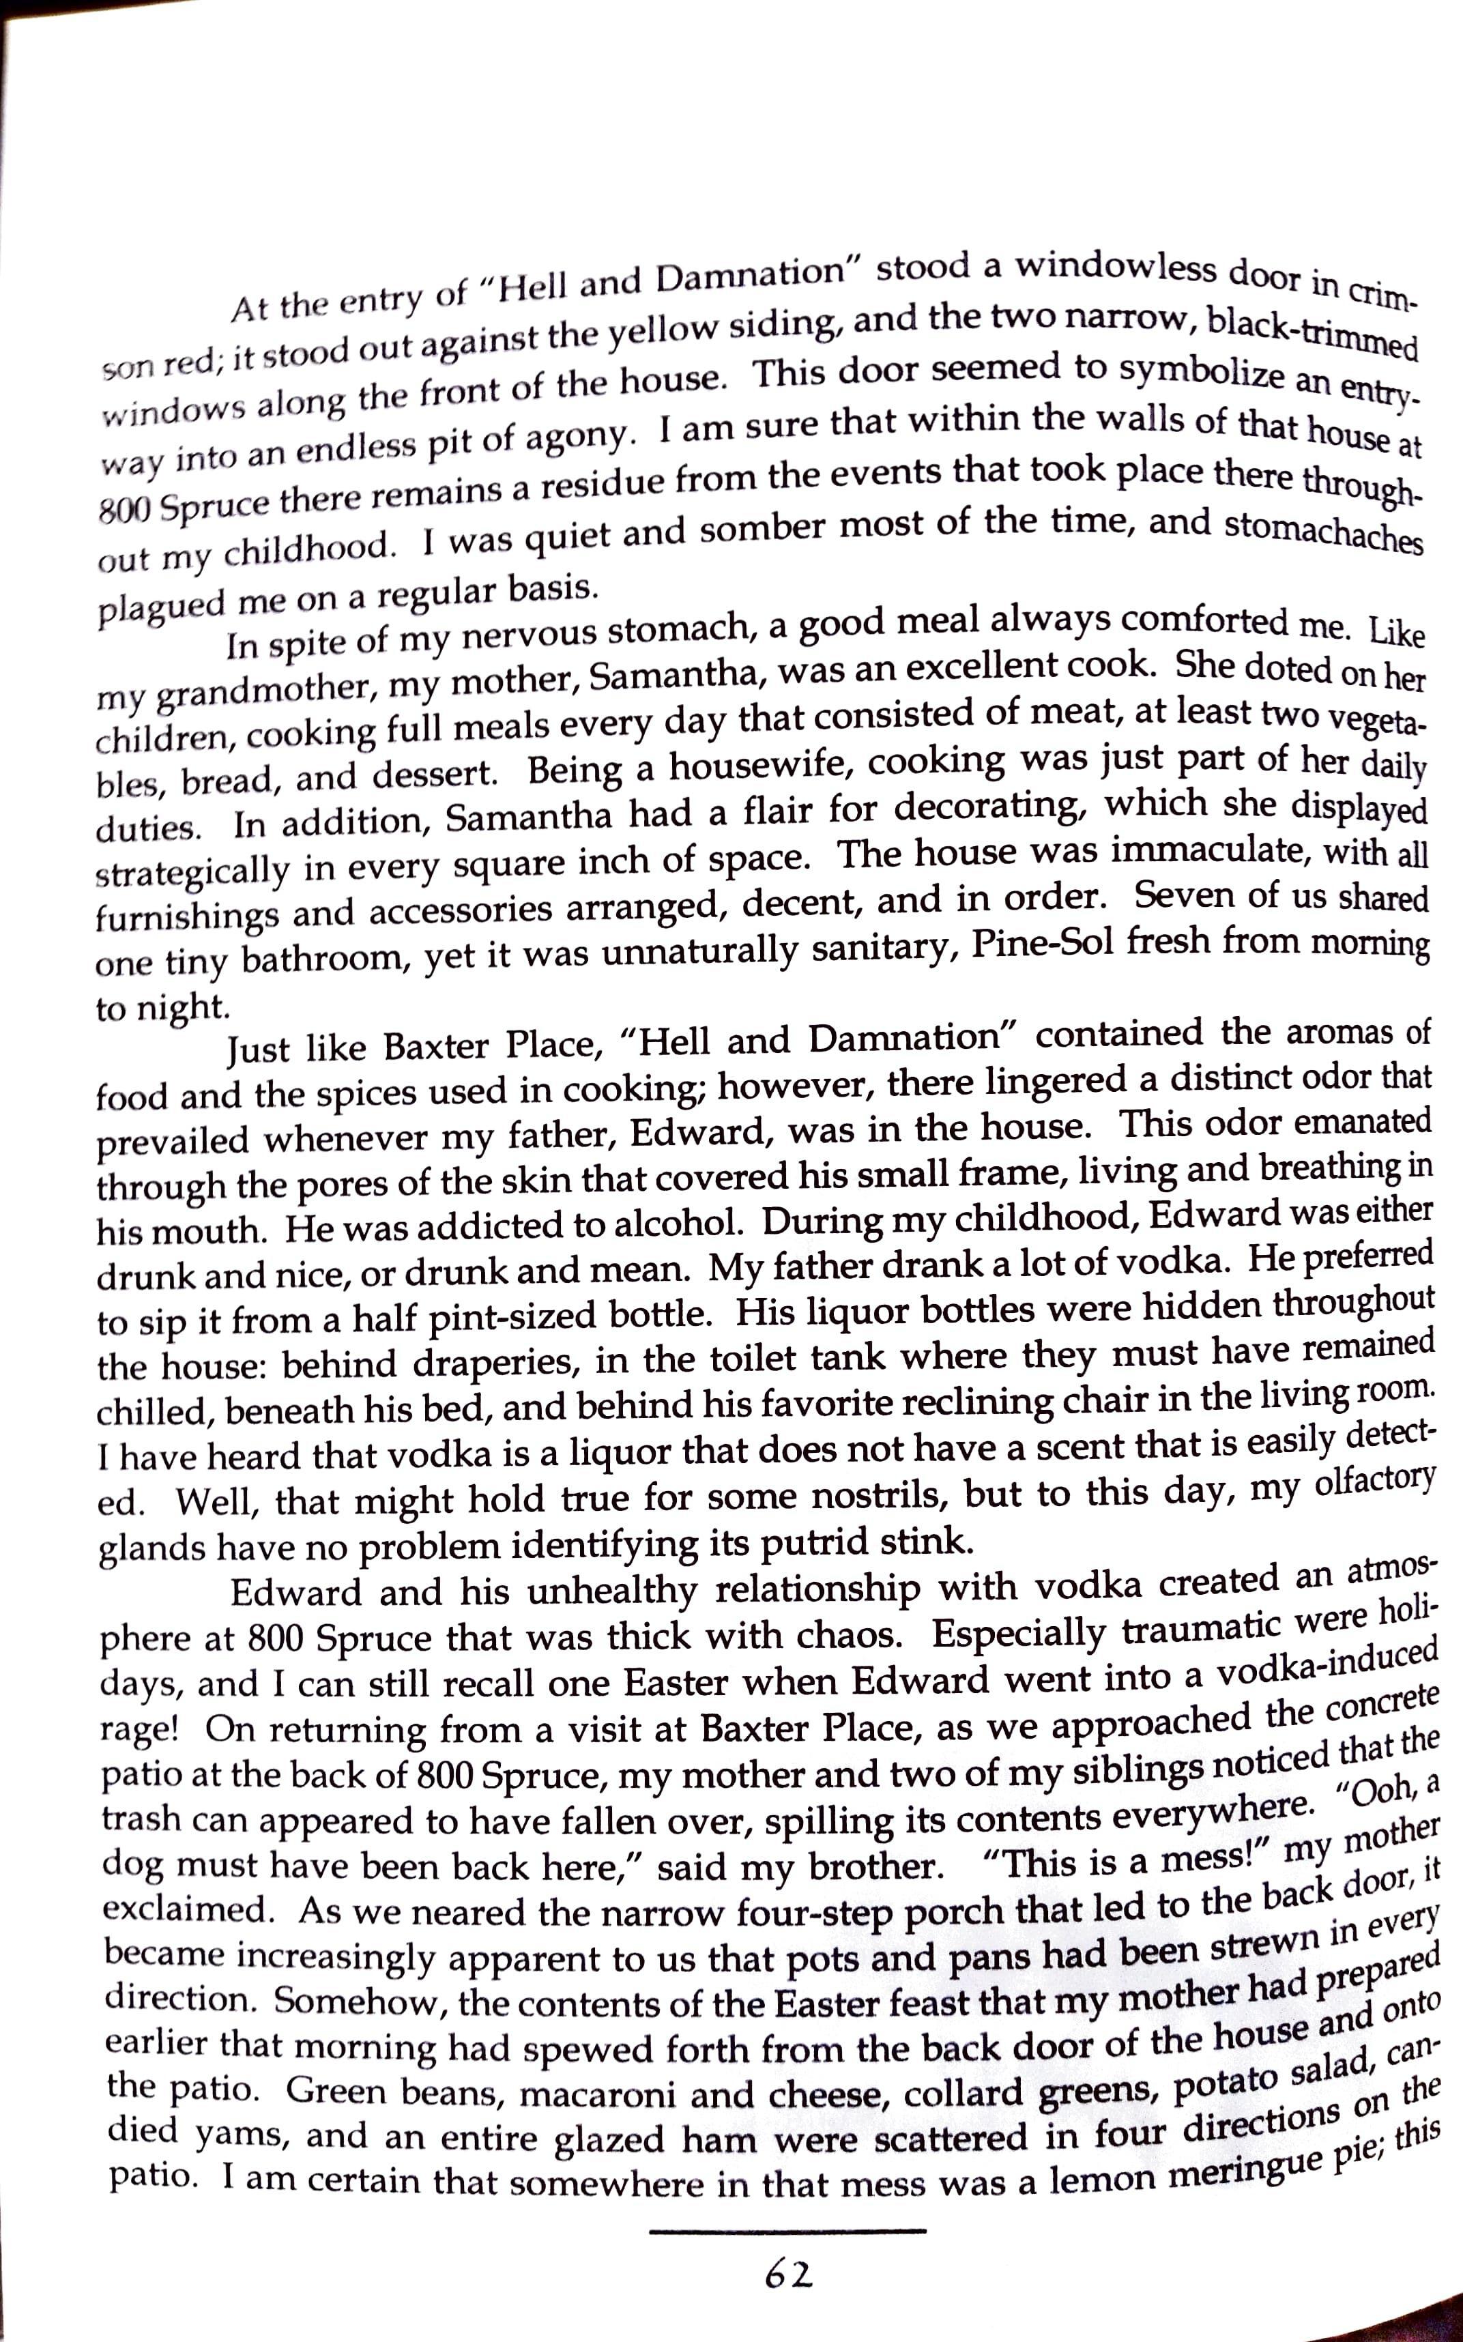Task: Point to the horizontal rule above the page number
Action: [787, 2231]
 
